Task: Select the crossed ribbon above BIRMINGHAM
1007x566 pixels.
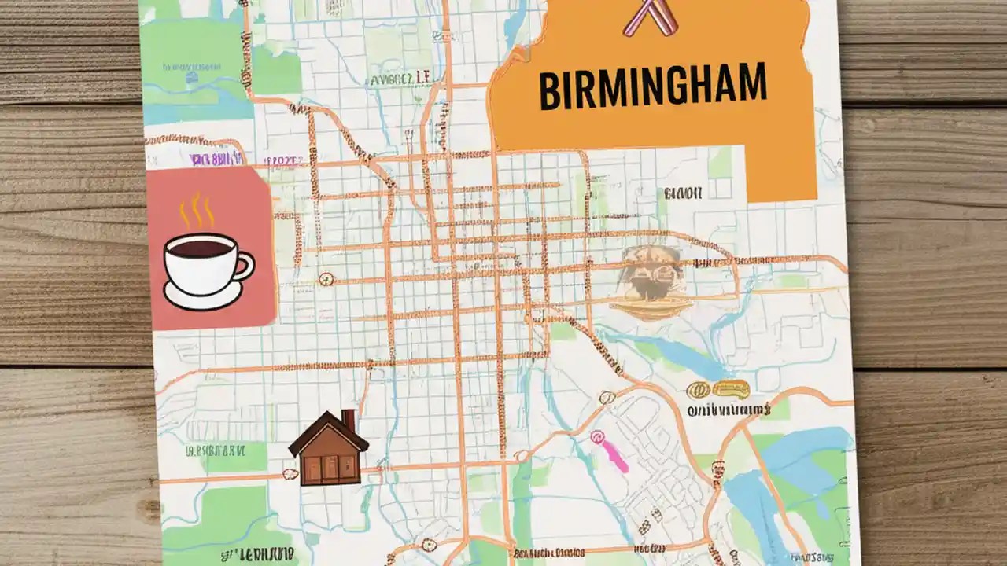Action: coord(650,17)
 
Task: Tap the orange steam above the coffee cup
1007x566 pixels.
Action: coord(197,211)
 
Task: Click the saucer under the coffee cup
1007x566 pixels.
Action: coord(202,297)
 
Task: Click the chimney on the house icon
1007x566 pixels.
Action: coord(348,420)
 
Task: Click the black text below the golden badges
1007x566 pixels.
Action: coord(727,410)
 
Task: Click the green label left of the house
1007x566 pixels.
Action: coord(215,450)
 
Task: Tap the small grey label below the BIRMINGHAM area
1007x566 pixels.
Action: coord(682,193)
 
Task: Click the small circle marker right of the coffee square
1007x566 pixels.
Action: coord(326,278)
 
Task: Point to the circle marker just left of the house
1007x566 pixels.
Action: coord(290,474)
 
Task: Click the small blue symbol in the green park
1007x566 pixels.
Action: coord(191,77)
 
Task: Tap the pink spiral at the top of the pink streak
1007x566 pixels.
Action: coord(596,435)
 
